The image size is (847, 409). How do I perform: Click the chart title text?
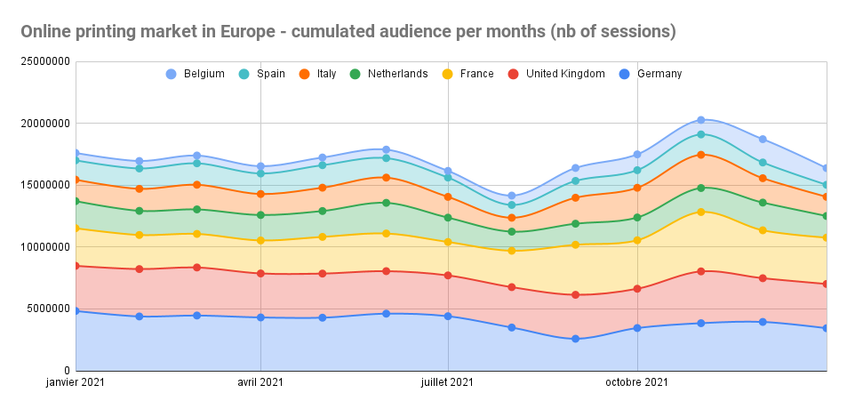[x=348, y=32]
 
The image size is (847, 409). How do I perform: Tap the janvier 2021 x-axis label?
[x=76, y=382]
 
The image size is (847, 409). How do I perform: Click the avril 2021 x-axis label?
[x=260, y=382]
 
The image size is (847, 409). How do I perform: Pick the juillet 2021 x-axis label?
[x=448, y=382]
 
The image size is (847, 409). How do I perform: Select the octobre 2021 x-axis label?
[x=637, y=382]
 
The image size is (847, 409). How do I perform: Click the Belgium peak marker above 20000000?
[x=700, y=120]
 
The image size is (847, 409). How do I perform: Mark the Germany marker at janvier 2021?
[x=76, y=311]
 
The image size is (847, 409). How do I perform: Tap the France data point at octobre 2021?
[x=637, y=240]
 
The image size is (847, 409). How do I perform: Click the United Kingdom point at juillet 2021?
[x=448, y=276]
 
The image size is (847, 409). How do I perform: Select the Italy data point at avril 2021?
[x=260, y=194]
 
